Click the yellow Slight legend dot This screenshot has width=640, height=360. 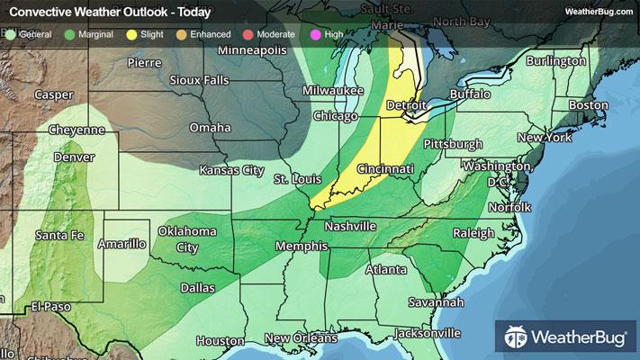pos(131,34)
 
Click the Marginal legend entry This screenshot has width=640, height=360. pos(90,34)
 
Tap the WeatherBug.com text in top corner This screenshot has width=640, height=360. pos(599,11)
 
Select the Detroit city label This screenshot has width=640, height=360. pos(405,105)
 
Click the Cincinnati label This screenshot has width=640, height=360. pos(385,169)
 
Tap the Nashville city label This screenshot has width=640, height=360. pos(349,226)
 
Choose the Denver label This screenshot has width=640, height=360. pos(73,157)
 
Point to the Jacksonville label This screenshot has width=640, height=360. pos(420,332)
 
